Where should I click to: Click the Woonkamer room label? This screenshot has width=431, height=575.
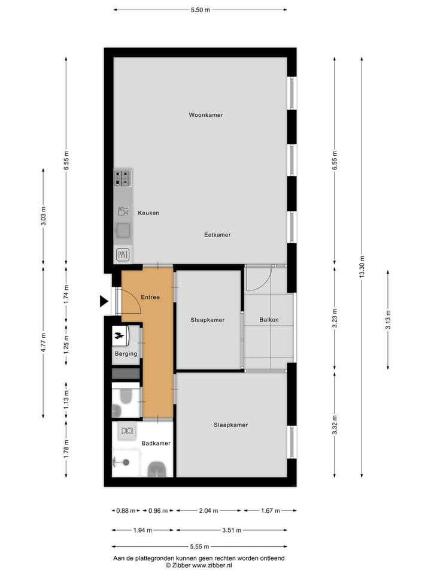[x=205, y=114]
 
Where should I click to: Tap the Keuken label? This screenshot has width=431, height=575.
[x=148, y=213]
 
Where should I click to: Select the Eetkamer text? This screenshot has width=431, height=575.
[x=217, y=235]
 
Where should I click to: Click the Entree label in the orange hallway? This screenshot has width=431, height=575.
[x=150, y=297]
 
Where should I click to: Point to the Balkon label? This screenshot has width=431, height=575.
[x=269, y=320]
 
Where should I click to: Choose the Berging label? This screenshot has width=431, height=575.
[x=126, y=353]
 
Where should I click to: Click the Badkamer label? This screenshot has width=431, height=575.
[x=156, y=443]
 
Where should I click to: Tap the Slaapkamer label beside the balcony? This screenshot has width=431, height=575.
[x=208, y=320]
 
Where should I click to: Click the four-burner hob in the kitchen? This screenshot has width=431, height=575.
[x=123, y=178]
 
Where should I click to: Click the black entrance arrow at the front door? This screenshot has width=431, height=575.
[x=104, y=301]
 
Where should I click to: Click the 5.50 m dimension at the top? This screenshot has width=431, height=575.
[x=200, y=10]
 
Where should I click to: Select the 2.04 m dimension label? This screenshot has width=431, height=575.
[x=208, y=511]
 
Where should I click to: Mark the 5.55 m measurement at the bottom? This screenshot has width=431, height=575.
[x=200, y=547]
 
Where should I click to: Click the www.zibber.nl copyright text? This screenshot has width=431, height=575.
[x=199, y=565]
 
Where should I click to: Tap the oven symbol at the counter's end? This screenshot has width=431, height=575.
[x=123, y=255]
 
